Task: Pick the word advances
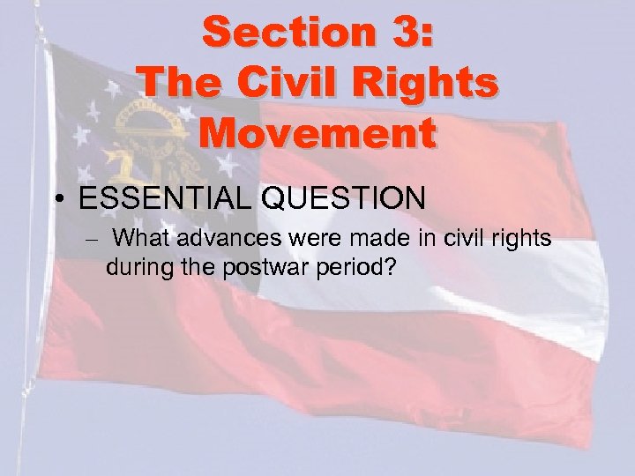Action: click(x=215, y=238)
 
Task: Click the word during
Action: click(x=136, y=265)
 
